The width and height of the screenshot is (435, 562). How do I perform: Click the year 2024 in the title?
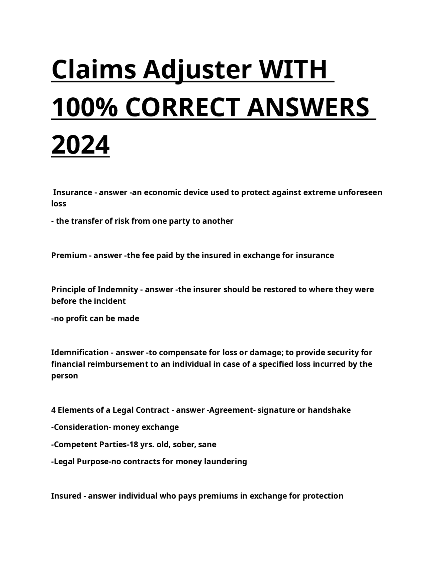pos(80,145)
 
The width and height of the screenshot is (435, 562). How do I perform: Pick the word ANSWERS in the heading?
pos(308,108)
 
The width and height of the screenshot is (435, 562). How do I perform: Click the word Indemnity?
pos(118,289)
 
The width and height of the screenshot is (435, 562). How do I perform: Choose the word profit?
pos(77,318)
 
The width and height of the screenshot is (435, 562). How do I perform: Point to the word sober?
pos(185,444)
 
